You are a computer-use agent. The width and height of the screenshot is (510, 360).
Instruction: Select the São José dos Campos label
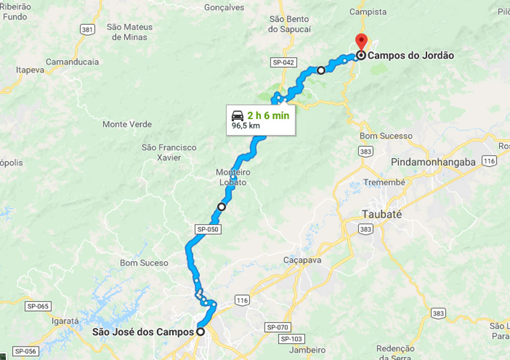pyautogui.click(x=143, y=331)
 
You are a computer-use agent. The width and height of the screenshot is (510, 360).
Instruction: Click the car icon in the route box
pyautogui.click(x=237, y=115)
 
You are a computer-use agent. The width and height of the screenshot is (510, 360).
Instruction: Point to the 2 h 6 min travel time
pyautogui.click(x=268, y=115)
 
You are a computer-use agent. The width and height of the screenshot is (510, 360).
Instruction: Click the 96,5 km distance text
pyautogui.click(x=245, y=126)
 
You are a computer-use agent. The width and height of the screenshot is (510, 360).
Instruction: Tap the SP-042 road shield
pyautogui.click(x=283, y=62)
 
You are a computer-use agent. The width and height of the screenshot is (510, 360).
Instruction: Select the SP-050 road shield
pyautogui.click(x=207, y=228)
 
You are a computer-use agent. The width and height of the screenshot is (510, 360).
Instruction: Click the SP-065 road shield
pyautogui.click(x=38, y=306)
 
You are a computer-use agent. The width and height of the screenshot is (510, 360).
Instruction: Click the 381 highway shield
pyautogui.click(x=87, y=29)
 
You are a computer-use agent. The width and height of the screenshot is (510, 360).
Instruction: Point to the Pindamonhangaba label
pyautogui.click(x=433, y=162)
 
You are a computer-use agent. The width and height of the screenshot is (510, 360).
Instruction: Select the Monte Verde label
pyautogui.click(x=127, y=124)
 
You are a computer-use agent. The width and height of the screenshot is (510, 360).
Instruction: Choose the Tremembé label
pyautogui.click(x=384, y=183)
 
